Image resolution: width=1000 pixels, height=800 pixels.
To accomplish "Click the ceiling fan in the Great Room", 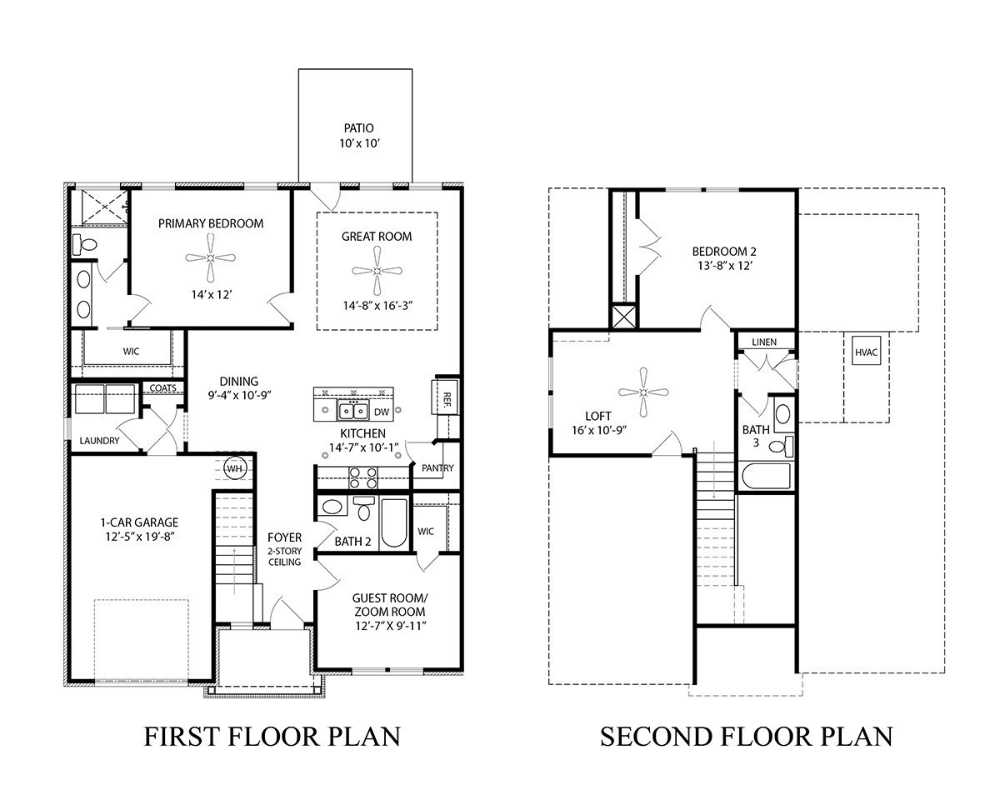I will pos(377,271).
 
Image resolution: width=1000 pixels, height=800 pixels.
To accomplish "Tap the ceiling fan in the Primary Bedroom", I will pos(211,257).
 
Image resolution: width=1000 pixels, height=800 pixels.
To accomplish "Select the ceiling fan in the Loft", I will pos(645,392).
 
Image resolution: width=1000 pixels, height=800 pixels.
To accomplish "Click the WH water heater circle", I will pos(235,469).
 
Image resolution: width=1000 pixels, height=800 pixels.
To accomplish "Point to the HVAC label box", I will pos(866,352).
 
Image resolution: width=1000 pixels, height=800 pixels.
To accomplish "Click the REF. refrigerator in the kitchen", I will pos(446,397).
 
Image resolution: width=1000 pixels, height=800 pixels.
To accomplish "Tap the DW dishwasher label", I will pos(381,412).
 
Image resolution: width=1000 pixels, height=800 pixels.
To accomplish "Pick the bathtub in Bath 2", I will pos(392,522).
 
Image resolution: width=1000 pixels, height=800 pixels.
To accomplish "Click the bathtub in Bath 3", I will pos(765,477).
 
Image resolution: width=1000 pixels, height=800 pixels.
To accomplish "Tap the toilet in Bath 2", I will pos(364,508).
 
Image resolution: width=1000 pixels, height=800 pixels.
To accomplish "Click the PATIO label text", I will pos(358,128).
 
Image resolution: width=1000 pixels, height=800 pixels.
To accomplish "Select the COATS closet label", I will pos(162,388).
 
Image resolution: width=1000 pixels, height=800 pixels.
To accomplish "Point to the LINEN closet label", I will pos(763,342).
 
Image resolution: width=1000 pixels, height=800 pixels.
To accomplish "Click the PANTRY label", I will pos(437,468).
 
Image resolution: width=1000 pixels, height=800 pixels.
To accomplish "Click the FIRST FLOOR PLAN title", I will pos(272,737).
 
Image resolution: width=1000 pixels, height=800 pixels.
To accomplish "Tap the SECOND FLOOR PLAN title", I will pos(746,737).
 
